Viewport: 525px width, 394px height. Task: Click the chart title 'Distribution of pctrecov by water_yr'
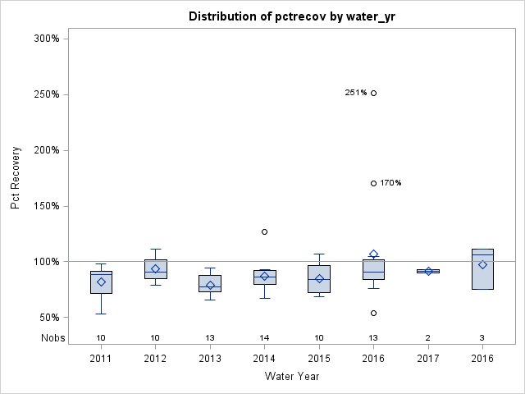point(291,16)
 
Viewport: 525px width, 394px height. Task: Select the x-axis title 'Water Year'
point(291,376)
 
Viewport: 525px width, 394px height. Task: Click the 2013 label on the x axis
point(210,359)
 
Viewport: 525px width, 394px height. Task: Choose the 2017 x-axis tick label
point(428,359)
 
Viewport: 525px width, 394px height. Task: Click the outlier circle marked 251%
point(373,93)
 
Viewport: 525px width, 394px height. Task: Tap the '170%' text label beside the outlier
point(390,183)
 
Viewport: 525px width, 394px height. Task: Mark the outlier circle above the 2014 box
point(264,231)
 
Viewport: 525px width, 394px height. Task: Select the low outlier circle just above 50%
point(373,313)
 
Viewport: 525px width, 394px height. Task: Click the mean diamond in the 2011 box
point(101,282)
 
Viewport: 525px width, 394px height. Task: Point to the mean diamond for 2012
point(155,268)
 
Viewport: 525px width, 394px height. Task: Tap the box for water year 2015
point(319,279)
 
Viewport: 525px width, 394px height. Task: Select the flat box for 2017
point(428,271)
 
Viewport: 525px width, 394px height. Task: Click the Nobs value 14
point(264,337)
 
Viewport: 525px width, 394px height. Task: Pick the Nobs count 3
point(482,337)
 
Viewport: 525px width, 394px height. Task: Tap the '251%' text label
point(355,93)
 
